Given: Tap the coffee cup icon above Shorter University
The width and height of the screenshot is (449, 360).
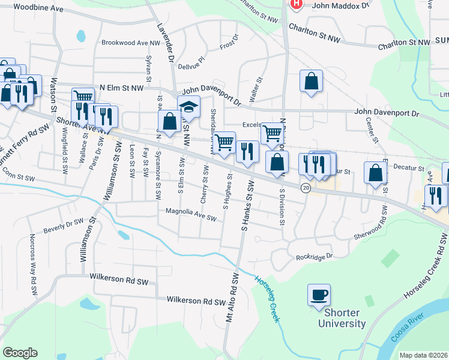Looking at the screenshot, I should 319,295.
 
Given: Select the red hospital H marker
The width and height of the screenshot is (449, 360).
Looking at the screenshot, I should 296,4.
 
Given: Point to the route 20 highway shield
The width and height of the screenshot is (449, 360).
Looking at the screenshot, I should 306,188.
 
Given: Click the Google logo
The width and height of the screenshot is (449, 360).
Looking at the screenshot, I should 20,352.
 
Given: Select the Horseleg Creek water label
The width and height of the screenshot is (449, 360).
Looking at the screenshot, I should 268,299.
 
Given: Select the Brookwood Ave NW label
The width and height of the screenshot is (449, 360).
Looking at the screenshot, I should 131,43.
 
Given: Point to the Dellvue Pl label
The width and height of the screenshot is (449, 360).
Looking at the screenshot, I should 193,60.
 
